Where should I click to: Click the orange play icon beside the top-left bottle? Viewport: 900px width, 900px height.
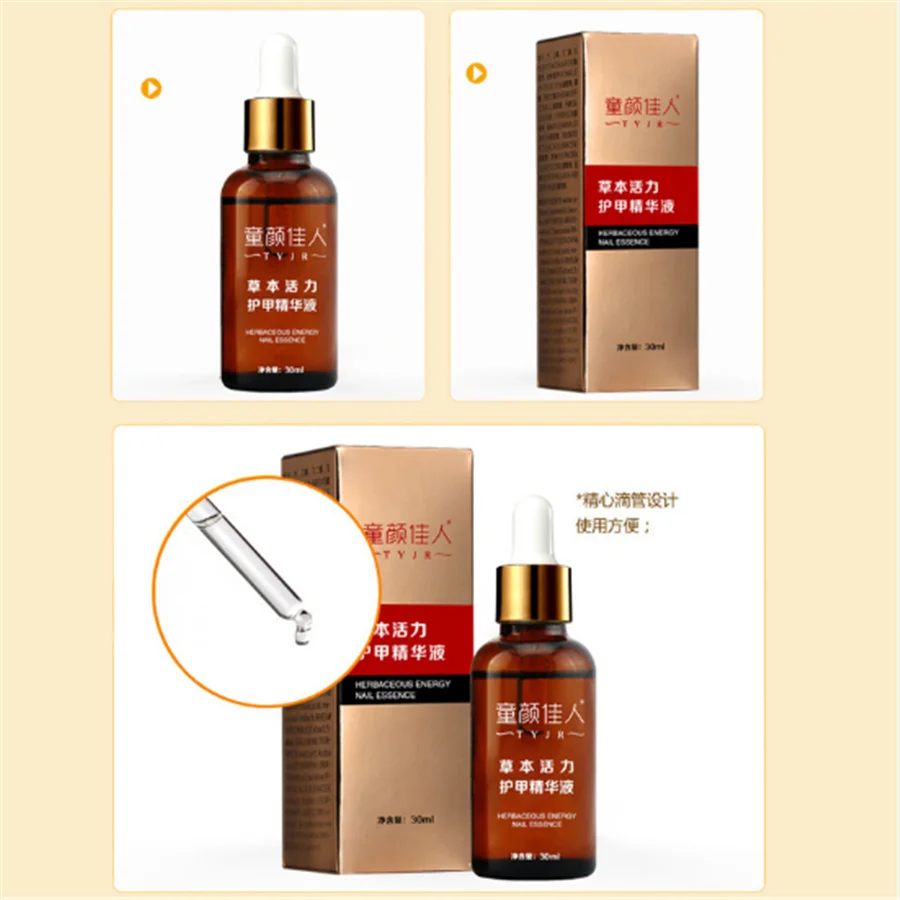pos(150,87)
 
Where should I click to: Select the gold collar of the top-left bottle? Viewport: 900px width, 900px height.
pos(279,125)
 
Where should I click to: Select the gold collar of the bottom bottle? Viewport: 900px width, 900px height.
pos(534,593)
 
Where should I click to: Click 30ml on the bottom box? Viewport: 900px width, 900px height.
pos(422,819)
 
